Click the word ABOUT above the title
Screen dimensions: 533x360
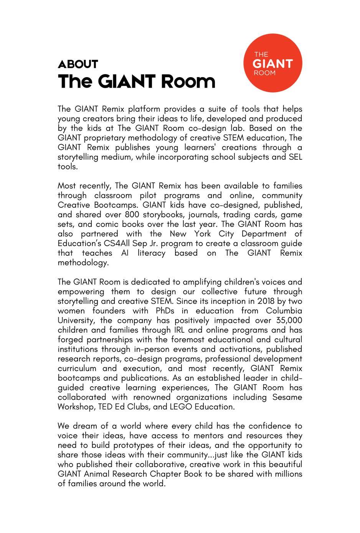78,64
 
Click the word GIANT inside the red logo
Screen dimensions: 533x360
273,64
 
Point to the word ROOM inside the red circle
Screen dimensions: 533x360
265,73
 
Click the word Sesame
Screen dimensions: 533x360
287,397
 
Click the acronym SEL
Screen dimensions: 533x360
295,157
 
